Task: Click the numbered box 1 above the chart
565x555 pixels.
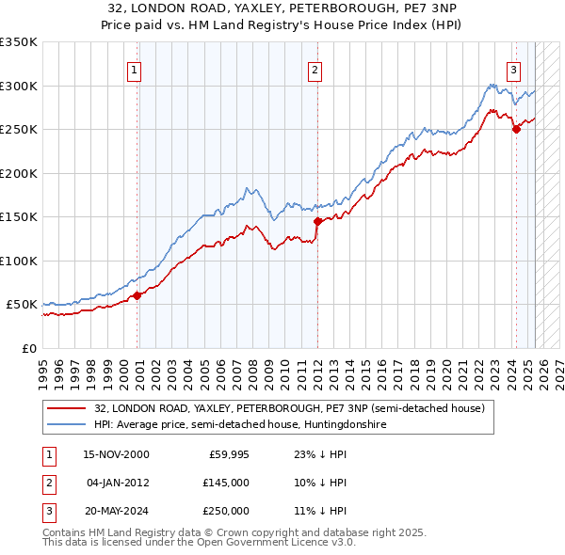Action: (134, 70)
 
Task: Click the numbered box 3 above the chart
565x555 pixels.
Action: (513, 70)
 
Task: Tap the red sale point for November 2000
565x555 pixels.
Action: (137, 295)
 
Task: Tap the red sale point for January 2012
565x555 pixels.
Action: (317, 221)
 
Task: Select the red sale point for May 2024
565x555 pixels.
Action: (516, 130)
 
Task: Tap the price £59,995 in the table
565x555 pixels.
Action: (227, 454)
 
